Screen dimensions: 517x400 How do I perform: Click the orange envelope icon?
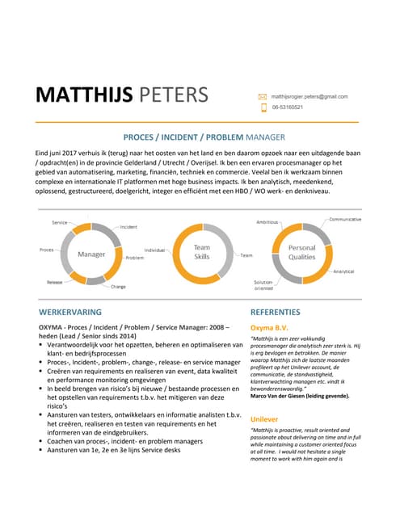262,96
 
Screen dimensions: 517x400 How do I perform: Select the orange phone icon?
262,107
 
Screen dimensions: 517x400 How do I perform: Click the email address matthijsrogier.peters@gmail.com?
309,96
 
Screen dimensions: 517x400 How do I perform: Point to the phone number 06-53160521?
288,107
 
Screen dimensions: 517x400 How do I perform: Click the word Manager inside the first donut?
91,254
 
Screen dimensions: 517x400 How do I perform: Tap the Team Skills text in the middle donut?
201,252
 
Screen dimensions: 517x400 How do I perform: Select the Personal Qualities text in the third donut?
302,252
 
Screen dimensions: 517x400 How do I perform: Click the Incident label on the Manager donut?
128,227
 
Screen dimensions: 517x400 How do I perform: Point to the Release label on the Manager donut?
55,283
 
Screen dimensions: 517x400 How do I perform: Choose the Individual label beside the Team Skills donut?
154,251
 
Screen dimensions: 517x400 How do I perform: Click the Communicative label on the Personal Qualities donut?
345,220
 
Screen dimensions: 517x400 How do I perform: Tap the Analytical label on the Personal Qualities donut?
343,271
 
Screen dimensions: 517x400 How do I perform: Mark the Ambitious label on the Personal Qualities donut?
267,221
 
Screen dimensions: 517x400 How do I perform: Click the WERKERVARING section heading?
70,312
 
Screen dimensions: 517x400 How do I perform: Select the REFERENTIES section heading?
264,312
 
